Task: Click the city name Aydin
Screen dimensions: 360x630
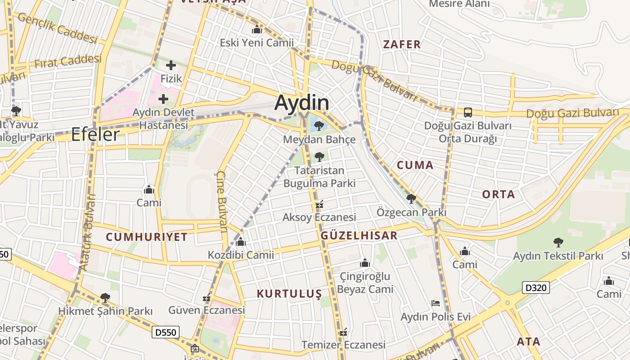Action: pos(301,103)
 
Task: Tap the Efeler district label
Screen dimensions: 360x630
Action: pos(95,134)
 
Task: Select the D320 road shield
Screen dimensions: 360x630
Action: pos(536,287)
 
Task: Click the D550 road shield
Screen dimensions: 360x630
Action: pos(166,332)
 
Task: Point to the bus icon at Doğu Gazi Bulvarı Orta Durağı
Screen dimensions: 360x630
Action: pos(468,112)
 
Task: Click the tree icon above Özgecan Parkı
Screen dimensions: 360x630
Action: pos(411,198)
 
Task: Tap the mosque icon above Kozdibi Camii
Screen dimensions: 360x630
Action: pos(241,242)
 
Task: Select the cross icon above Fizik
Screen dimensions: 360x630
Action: pos(171,65)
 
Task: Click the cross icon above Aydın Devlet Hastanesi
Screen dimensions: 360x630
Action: pos(163,99)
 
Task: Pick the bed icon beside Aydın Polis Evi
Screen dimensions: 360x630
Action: pos(435,303)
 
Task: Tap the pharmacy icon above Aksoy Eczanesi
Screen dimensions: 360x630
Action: pos(319,205)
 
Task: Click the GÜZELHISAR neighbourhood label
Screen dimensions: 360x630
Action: pos(359,235)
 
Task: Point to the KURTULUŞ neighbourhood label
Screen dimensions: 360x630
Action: pos(289,294)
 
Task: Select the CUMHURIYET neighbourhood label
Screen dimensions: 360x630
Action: pos(147,237)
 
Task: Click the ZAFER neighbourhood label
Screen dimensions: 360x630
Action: pos(402,44)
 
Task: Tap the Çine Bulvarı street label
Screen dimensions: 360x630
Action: pos(222,201)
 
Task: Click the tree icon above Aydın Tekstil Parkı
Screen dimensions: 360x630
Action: pos(558,243)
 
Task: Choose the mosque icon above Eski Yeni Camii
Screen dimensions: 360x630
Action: pos(257,30)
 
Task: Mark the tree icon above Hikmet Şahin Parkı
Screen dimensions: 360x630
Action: pos(105,297)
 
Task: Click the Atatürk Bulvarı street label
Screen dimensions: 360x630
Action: pos(87,232)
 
